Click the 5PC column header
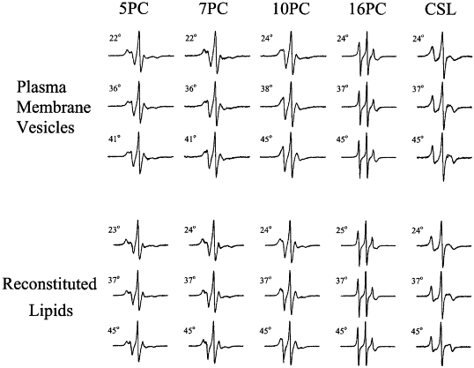pyautogui.click(x=134, y=9)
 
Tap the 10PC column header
pyautogui.click(x=291, y=9)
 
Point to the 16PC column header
pyautogui.click(x=367, y=9)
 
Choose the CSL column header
pyautogui.click(x=441, y=9)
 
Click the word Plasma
pyautogui.click(x=41, y=88)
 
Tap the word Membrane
pyautogui.click(x=54, y=107)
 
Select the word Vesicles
pyautogui.click(x=45, y=127)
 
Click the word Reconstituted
pyautogui.click(x=49, y=284)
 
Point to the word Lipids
pyautogui.click(x=51, y=311)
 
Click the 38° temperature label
pyautogui.click(x=267, y=89)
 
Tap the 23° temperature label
pyautogui.click(x=114, y=229)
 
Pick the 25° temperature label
pyautogui.click(x=341, y=230)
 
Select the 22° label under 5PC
pyautogui.click(x=115, y=39)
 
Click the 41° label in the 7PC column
pyautogui.click(x=191, y=139)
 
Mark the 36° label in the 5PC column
pyautogui.click(x=115, y=89)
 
